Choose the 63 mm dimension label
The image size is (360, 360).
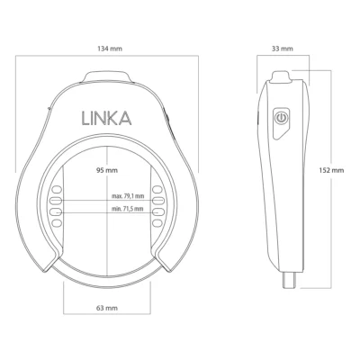[x=109, y=308]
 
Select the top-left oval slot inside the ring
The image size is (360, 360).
[x=55, y=190]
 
